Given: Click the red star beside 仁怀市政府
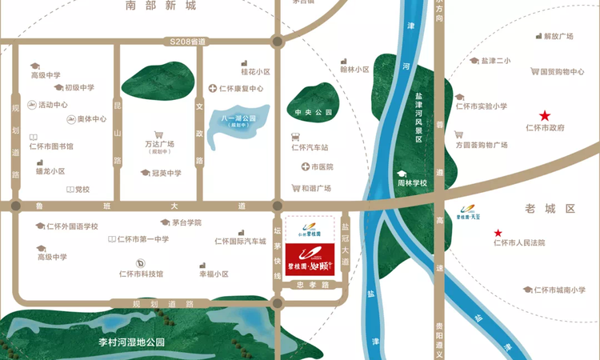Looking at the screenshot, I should pos(545,115).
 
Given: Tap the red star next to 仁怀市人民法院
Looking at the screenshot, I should pos(498,232).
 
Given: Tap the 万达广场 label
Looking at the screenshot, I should pos(160,144).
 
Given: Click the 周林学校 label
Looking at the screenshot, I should pos(413,184).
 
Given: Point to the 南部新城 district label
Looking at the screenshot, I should pos(161,6).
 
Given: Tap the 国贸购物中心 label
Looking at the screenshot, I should pos(557,71).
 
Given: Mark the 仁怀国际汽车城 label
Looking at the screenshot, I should pos(240,241).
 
